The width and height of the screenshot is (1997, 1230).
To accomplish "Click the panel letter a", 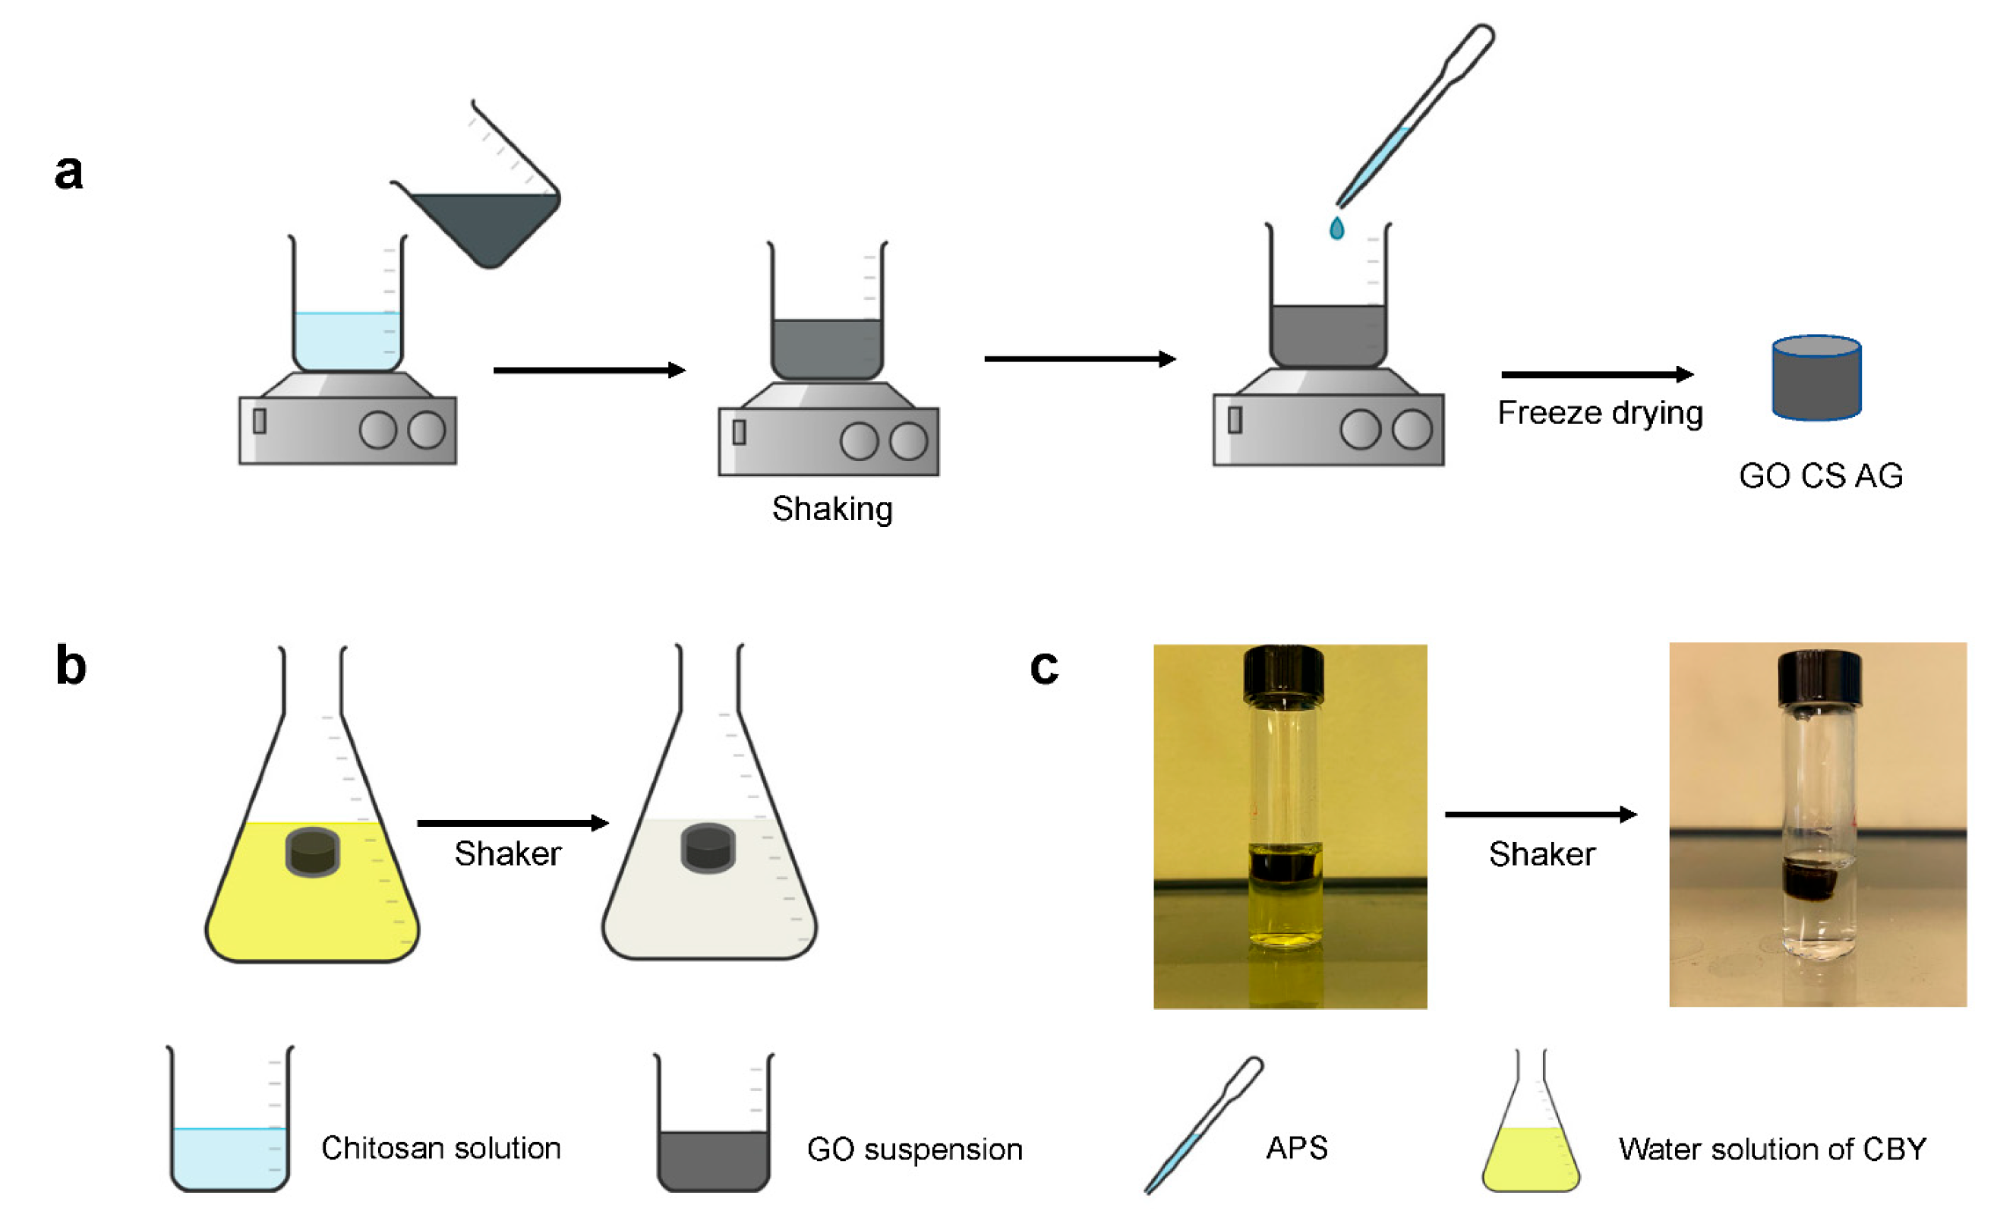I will click(68, 172).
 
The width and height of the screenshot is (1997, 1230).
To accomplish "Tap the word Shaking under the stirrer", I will click(831, 509).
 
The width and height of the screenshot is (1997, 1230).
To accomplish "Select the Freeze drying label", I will click(1599, 413).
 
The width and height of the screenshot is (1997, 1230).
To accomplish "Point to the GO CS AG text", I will click(1819, 476).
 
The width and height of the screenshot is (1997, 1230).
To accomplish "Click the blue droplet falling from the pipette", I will click(1336, 229).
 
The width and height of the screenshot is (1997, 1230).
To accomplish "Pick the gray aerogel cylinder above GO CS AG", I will click(1816, 378).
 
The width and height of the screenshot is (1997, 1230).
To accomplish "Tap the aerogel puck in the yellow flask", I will click(312, 852).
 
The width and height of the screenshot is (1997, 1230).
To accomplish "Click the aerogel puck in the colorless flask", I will click(707, 847).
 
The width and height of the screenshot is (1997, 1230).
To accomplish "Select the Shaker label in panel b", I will click(507, 854).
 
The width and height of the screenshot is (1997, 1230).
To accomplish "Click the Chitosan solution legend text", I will click(441, 1149).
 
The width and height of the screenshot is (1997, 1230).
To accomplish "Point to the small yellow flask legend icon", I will click(1529, 1131).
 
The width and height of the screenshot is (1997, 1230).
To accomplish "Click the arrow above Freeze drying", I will click(1597, 374).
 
